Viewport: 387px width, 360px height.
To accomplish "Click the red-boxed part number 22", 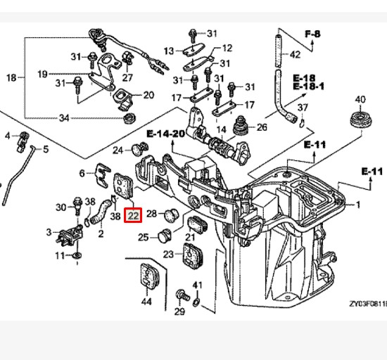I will coord(133,216).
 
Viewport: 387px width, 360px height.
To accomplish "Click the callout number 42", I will coord(295,54).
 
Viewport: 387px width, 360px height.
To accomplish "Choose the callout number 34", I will coord(64,117).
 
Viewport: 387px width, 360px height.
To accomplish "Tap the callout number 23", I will coord(169,254).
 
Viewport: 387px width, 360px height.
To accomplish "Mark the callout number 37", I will coord(303,107).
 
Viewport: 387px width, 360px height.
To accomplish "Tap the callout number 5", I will coord(46,149).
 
